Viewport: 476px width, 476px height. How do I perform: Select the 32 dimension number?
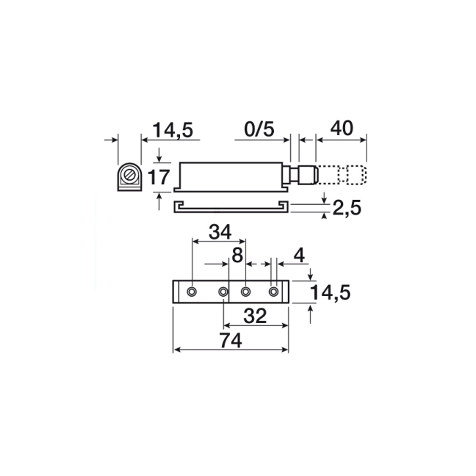(255, 316)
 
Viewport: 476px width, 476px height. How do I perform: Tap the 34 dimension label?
(220, 232)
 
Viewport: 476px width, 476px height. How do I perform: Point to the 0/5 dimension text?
(259, 129)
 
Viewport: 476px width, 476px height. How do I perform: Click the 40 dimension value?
(342, 129)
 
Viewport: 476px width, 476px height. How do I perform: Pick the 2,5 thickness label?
(347, 208)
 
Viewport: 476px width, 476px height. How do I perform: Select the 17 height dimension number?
(159, 177)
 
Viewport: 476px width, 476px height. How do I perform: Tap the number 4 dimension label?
(299, 256)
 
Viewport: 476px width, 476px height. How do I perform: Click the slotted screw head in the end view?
(129, 176)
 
